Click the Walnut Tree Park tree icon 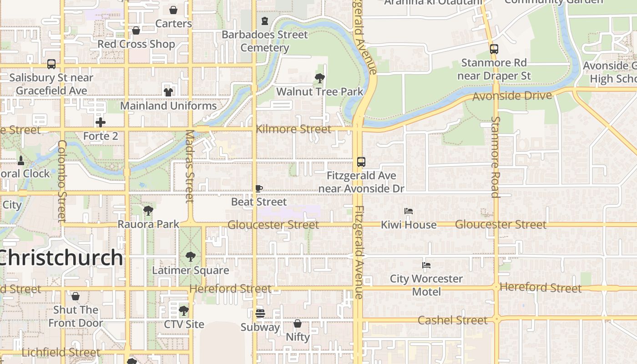click(x=320, y=78)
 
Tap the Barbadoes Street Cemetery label click(x=265, y=41)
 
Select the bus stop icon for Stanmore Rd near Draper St click(x=494, y=49)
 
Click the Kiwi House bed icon click(x=409, y=211)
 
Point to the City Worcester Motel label click(x=426, y=285)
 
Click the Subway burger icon click(x=260, y=313)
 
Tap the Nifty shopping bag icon click(x=297, y=324)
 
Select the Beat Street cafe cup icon click(x=259, y=188)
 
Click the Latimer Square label click(x=190, y=270)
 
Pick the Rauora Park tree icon click(x=148, y=210)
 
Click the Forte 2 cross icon click(x=101, y=122)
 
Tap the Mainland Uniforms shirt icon click(x=168, y=92)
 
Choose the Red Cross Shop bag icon click(x=136, y=30)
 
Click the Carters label click(x=173, y=23)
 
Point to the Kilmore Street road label click(x=293, y=129)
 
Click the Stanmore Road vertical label click(x=495, y=157)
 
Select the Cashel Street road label click(x=452, y=320)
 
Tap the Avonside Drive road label click(x=512, y=96)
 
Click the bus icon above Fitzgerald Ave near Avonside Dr click(x=361, y=162)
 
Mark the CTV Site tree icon click(x=183, y=311)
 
